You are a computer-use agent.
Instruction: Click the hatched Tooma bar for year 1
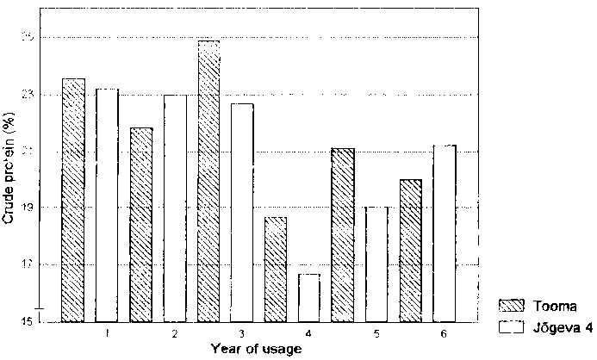tap(73, 200)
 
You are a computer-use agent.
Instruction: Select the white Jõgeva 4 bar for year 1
tap(107, 205)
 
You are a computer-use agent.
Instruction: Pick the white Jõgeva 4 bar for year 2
tap(175, 208)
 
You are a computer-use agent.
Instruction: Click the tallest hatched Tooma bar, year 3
tap(208, 181)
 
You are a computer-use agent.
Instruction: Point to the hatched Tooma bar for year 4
tap(276, 269)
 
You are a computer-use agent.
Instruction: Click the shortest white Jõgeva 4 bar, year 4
tap(309, 297)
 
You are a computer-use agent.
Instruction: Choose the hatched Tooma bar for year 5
tap(343, 234)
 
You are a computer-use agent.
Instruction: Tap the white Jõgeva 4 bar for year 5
tap(376, 264)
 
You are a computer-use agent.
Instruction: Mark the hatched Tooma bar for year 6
tap(410, 250)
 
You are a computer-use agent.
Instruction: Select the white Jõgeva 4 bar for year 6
tap(444, 233)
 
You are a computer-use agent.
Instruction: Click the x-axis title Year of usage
tap(256, 349)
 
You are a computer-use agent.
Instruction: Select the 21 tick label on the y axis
tap(34, 151)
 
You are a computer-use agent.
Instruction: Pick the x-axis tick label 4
tap(309, 332)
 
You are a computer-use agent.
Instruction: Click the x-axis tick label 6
tap(444, 332)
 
